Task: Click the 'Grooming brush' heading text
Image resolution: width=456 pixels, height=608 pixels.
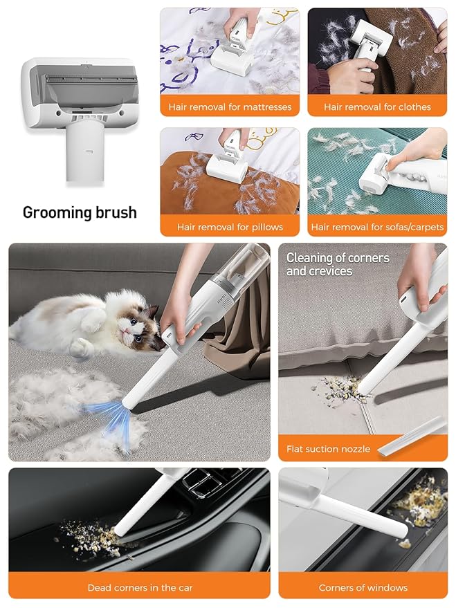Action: [x=80, y=212]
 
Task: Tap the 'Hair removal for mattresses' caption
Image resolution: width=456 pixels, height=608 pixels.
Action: [x=230, y=107]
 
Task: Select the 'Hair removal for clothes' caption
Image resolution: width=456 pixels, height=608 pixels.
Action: [x=377, y=107]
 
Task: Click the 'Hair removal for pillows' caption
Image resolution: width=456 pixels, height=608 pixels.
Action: [x=230, y=227]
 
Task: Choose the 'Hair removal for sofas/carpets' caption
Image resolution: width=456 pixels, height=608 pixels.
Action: [x=377, y=227]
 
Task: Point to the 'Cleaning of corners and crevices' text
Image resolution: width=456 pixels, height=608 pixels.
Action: [x=338, y=264]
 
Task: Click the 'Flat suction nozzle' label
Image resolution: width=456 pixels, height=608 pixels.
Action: [x=328, y=449]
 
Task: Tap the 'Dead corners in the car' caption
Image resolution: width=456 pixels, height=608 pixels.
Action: [x=140, y=588]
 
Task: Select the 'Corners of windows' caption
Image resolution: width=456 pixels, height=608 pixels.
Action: [x=363, y=588]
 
